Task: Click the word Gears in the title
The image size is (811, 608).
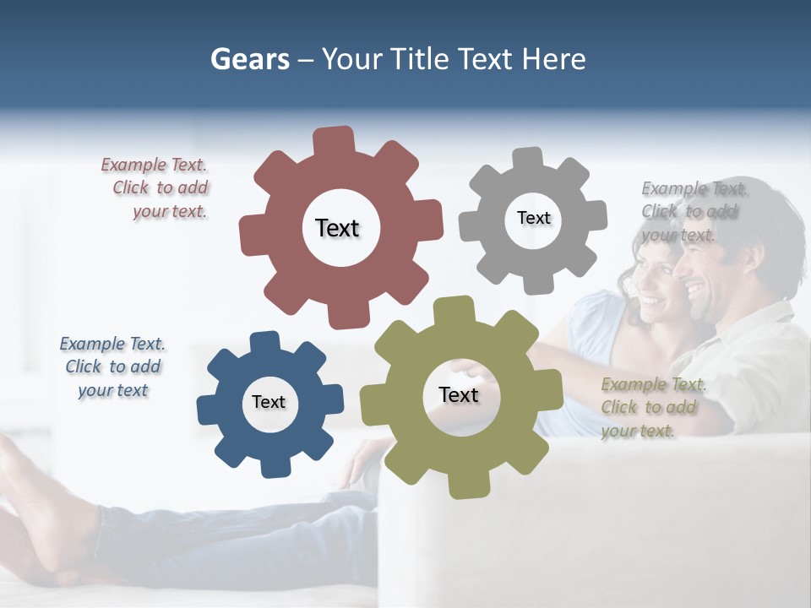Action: pyautogui.click(x=249, y=60)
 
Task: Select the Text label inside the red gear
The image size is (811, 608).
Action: pyautogui.click(x=337, y=228)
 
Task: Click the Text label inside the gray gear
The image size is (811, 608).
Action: pyautogui.click(x=533, y=218)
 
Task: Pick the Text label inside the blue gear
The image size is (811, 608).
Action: pyautogui.click(x=269, y=402)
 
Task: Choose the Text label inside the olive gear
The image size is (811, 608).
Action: pyautogui.click(x=459, y=394)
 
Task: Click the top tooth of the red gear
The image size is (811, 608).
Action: pyautogui.click(x=334, y=140)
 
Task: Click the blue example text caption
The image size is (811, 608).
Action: pyautogui.click(x=112, y=367)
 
